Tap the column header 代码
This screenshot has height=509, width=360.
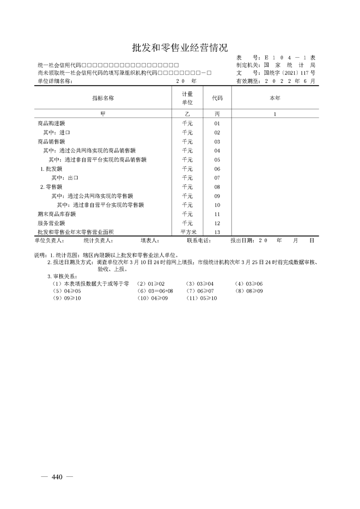point(217,98)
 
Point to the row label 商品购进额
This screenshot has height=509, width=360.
point(51,123)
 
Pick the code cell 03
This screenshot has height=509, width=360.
point(217,142)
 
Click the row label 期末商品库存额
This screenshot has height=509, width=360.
point(57,214)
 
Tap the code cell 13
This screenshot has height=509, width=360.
point(217,232)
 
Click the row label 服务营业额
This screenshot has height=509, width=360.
point(51,223)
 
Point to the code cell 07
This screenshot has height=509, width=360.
point(217,178)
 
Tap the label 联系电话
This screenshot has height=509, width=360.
point(199,241)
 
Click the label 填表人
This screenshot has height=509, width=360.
point(149,241)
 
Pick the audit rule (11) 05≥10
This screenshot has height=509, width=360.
point(202,298)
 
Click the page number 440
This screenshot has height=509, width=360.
point(57,477)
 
